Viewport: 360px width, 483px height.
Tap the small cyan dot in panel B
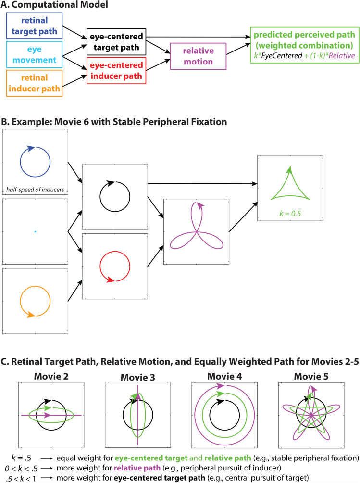[x=35, y=232]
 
